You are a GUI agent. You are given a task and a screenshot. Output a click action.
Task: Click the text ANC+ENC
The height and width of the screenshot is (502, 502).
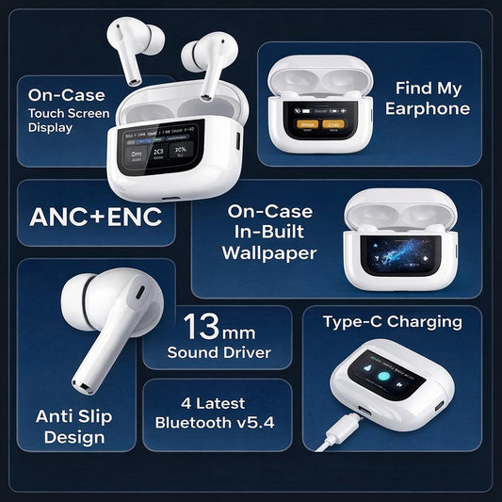coord(96,217)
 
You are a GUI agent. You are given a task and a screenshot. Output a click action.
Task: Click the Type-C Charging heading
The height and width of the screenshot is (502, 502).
coord(393,321)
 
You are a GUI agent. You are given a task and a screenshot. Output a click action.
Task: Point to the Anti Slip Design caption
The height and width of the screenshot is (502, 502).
coord(71,426)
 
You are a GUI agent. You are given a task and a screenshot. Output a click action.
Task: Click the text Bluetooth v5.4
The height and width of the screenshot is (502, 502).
coord(215,421)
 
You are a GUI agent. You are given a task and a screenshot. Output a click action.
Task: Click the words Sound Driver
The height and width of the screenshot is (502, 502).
coord(219,353)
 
